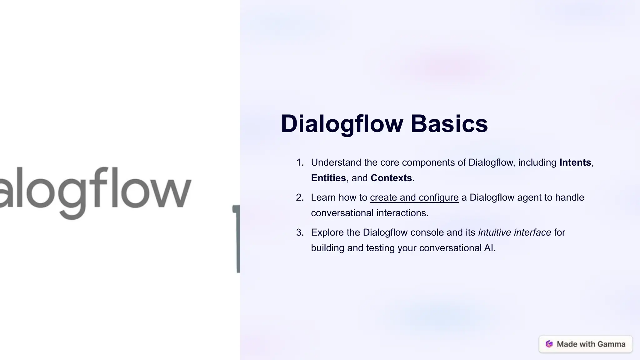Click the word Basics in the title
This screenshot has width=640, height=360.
[x=449, y=124]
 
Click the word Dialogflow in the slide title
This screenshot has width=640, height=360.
[x=342, y=124]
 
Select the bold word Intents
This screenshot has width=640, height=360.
[x=575, y=162]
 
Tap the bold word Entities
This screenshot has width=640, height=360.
[x=328, y=178]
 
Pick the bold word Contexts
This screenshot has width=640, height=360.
[x=391, y=178]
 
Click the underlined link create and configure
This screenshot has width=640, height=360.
[x=414, y=197]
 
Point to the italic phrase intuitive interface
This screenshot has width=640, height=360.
[x=514, y=232]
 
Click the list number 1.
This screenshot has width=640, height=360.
[x=299, y=162]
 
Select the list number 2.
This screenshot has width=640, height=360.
[x=299, y=197]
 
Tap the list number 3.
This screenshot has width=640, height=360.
[x=299, y=232]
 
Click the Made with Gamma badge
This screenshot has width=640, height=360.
[x=586, y=344]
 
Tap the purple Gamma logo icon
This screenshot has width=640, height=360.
[x=549, y=344]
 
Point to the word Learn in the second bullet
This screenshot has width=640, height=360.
[x=323, y=197]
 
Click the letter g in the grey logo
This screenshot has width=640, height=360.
[x=72, y=194]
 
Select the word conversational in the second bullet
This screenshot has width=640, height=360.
[x=342, y=213]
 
